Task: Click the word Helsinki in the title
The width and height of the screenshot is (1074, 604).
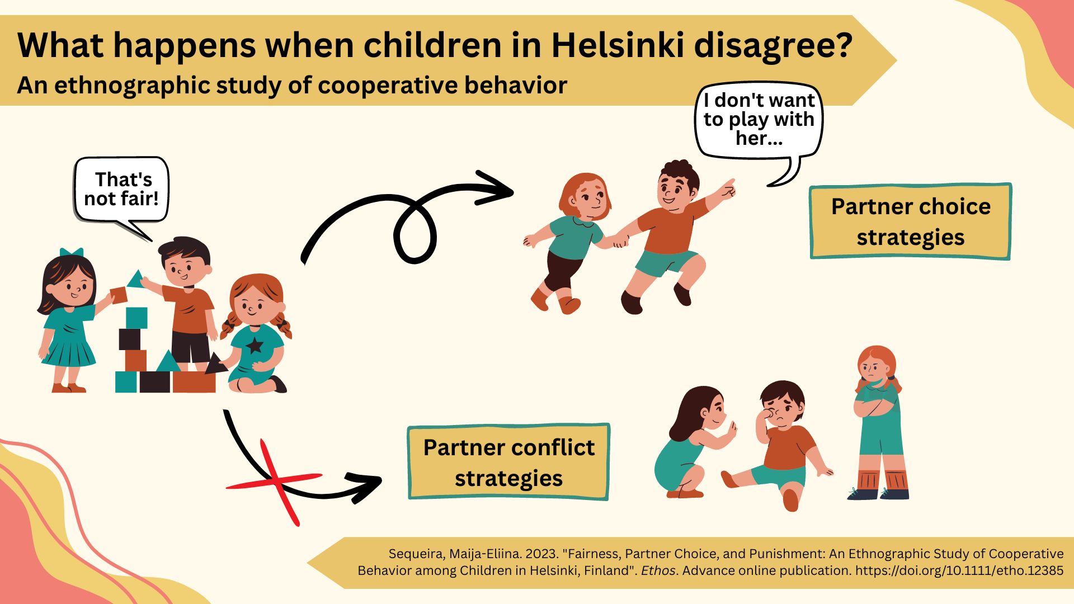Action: [617, 45]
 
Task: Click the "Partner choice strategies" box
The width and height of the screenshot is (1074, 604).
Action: [911, 221]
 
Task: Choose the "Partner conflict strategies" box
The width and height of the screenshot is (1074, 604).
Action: [508, 462]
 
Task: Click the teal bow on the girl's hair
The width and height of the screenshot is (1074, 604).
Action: [72, 252]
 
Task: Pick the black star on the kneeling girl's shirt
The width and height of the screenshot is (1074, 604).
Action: [255, 345]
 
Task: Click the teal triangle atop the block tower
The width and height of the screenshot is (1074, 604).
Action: [135, 279]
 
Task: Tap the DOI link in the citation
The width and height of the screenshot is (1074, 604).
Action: [959, 571]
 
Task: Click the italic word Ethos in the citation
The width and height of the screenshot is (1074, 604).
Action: [659, 571]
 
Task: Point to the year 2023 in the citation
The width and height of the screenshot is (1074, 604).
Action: [541, 554]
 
